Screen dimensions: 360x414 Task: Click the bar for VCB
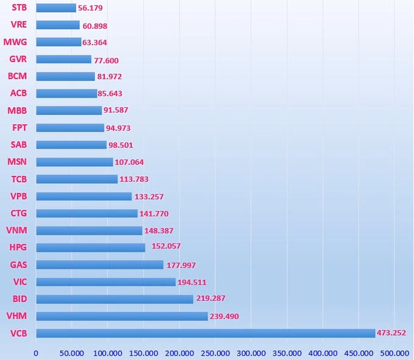tap(205, 333)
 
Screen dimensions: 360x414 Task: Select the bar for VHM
tap(122, 316)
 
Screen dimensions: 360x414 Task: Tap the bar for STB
tap(56, 8)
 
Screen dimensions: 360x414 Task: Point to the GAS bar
tap(100, 265)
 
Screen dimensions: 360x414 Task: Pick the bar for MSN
tap(74, 162)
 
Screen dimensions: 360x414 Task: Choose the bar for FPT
tap(70, 128)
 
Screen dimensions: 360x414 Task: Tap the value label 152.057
tap(166, 246)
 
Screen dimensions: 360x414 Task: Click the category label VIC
tap(19, 282)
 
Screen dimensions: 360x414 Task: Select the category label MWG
tap(15, 42)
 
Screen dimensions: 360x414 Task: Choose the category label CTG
tap(18, 213)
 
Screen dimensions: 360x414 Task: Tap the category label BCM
tap(17, 76)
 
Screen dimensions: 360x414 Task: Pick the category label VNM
tap(16, 230)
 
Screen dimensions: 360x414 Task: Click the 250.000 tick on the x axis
tap(215, 353)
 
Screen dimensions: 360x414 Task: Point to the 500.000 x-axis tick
tap(394, 353)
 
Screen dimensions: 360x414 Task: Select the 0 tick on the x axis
tap(36, 353)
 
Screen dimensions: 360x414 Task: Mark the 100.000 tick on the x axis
tap(108, 353)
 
